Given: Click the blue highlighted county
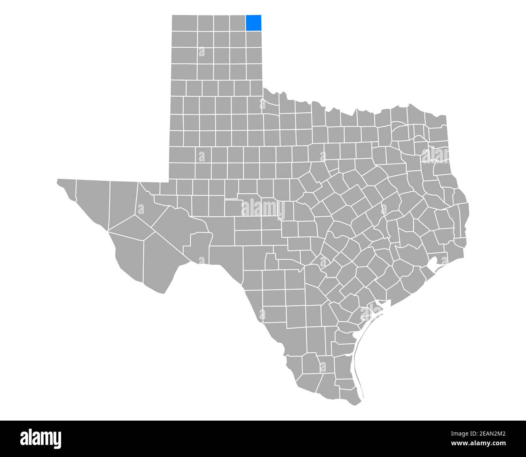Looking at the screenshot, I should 254,23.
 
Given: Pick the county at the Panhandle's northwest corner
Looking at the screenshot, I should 185,23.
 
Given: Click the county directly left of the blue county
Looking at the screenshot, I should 238,23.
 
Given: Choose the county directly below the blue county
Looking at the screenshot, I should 254,39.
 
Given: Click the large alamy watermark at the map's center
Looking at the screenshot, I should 263,209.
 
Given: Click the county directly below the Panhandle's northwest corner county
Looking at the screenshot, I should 185,39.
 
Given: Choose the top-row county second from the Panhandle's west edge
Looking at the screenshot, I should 206,23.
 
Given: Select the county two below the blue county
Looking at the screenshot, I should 254,55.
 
